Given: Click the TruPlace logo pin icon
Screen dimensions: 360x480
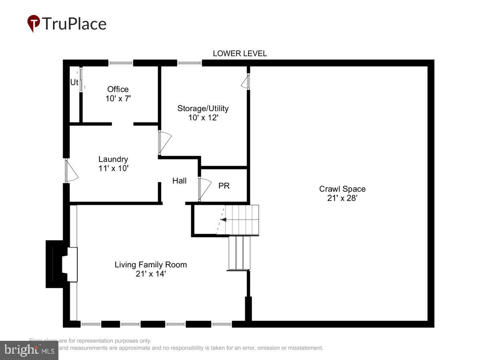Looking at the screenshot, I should (x=34, y=24).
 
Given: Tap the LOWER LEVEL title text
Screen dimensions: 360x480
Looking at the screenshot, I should (x=240, y=54).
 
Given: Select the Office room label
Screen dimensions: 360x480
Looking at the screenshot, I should (x=118, y=89).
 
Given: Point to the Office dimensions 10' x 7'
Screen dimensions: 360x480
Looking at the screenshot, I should (x=118, y=98).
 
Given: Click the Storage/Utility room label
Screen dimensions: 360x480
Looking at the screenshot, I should (x=203, y=108).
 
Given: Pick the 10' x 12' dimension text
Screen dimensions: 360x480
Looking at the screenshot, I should (x=203, y=118).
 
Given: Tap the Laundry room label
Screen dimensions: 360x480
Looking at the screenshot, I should (x=113, y=159).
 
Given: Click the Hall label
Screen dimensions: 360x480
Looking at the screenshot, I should (x=179, y=181).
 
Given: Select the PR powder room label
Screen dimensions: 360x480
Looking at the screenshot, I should (x=224, y=186).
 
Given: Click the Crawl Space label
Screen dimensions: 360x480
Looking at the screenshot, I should (x=342, y=189).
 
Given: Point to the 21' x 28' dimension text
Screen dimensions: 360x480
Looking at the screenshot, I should (x=342, y=198).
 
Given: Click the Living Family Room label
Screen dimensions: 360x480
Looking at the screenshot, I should (x=150, y=264).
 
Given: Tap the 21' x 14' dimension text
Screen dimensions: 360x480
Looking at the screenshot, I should (x=150, y=274).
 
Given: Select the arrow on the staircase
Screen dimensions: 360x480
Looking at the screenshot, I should (x=224, y=220).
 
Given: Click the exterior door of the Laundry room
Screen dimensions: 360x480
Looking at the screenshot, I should (x=70, y=171).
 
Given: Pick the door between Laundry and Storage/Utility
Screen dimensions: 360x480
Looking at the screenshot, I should (x=164, y=142).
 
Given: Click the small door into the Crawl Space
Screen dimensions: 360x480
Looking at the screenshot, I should (x=245, y=82).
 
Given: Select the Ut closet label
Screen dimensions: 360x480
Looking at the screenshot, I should (x=74, y=82).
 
